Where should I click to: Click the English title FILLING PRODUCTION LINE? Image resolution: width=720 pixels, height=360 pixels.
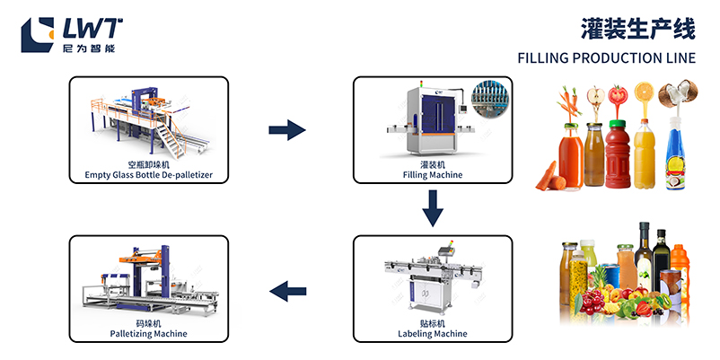coord(606,59)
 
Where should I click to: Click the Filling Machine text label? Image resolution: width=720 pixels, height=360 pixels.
coord(433,174)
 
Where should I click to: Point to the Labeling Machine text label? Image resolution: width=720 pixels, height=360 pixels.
coord(433,333)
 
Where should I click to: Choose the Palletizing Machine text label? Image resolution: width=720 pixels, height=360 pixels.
coord(148,333)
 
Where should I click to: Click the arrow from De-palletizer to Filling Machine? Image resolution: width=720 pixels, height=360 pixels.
coord(287,131)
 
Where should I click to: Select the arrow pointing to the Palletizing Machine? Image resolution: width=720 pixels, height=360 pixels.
coord(287,290)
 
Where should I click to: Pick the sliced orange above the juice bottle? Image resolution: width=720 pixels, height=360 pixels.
coord(644,92)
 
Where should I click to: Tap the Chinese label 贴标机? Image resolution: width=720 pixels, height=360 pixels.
coord(433,322)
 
